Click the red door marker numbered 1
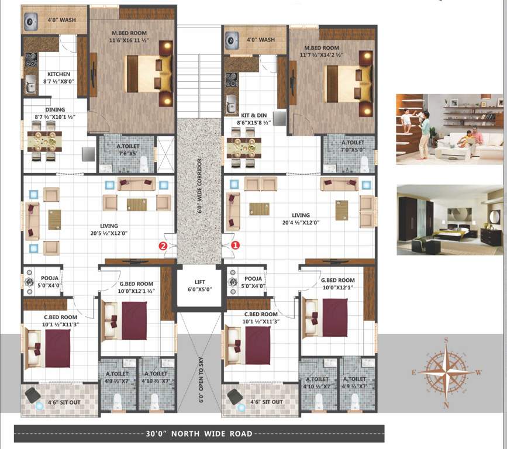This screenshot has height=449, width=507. (235, 246)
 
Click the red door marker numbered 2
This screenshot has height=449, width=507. (164, 246)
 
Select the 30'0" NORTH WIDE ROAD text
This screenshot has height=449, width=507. (199, 434)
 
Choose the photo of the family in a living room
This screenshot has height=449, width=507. (449, 129)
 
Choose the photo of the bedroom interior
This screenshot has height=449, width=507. (449, 220)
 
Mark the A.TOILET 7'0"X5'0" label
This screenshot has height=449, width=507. (353, 146)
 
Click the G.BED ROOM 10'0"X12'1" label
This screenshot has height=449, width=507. (338, 284)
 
